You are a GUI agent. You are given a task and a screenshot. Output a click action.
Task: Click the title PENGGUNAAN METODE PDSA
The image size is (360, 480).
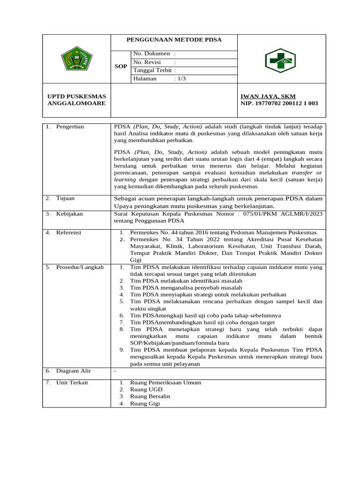(174, 40)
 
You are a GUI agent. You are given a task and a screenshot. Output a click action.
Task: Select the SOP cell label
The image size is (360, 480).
(121, 67)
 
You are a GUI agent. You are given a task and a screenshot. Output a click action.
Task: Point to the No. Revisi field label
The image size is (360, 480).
(147, 62)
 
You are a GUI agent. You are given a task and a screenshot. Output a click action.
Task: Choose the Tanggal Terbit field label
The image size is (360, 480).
(152, 70)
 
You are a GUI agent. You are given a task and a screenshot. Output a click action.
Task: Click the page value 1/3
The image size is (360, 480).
(181, 79)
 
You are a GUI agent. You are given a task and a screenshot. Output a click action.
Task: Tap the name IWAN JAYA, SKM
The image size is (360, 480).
(268, 96)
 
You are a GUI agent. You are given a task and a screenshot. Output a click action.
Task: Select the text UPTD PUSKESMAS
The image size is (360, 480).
(77, 96)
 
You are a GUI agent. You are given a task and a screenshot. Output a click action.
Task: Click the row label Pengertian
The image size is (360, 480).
(70, 127)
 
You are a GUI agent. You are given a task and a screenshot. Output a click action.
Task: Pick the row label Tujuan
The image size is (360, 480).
(65, 198)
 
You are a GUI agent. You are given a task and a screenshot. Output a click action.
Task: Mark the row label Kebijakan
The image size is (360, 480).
(69, 214)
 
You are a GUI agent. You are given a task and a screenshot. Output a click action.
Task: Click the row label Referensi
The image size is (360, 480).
(69, 232)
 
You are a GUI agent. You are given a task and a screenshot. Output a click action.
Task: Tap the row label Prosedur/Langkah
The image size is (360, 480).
(80, 267)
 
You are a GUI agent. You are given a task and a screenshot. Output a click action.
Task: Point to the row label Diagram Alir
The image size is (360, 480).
(74, 371)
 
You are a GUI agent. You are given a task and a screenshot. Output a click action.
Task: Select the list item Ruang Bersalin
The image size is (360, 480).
(150, 397)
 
